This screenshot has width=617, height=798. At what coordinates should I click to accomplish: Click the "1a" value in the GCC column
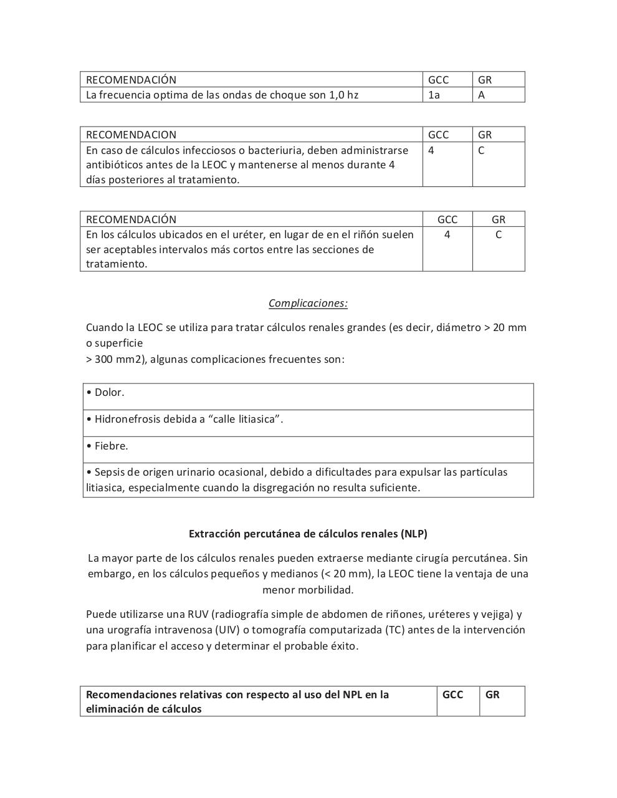[434, 95]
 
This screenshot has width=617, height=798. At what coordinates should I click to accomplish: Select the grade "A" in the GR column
[481, 95]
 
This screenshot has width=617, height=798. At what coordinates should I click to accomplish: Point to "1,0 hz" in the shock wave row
[343, 95]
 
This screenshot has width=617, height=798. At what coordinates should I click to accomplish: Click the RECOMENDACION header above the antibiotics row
[131, 135]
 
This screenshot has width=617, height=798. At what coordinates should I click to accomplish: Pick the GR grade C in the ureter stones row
[498, 234]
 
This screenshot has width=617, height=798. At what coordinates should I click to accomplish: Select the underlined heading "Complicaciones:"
[308, 303]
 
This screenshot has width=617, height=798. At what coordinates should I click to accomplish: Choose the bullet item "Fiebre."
[111, 446]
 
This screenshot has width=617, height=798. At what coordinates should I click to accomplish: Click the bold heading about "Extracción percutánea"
[308, 534]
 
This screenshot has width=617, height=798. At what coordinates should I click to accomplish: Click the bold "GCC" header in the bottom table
[452, 695]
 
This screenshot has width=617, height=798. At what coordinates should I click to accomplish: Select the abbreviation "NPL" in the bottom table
[353, 695]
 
